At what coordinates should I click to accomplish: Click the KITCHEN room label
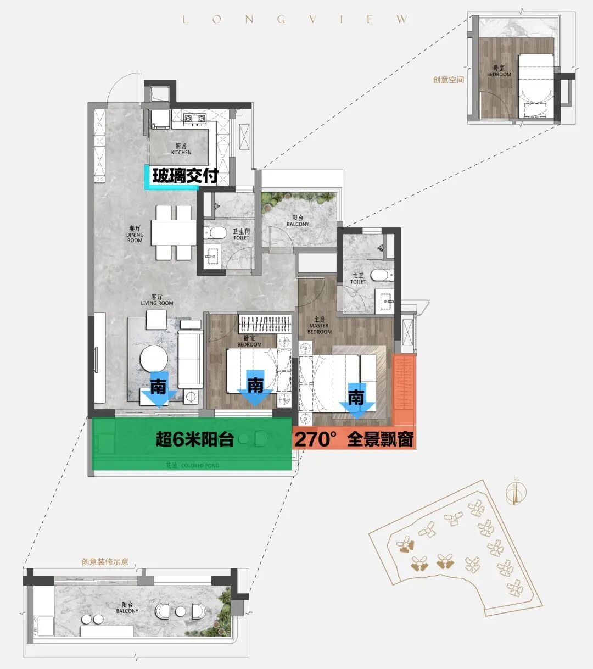coord(181,149)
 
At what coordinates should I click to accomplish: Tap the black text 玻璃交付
coord(186,176)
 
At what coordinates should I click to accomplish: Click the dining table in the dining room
coord(174,232)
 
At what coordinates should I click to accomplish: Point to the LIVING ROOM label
coord(157,300)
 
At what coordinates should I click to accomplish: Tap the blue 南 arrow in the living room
coord(158,391)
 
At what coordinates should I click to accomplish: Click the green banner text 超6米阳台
coord(195,439)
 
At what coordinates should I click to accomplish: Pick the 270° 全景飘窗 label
coord(355,439)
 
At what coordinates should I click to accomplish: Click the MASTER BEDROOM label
coord(320,326)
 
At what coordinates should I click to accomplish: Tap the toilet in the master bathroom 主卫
coord(379,274)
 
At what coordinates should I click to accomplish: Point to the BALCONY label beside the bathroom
coord(298,221)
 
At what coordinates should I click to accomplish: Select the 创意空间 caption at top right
coord(448,80)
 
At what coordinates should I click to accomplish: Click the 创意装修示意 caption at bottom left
coord(105,562)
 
